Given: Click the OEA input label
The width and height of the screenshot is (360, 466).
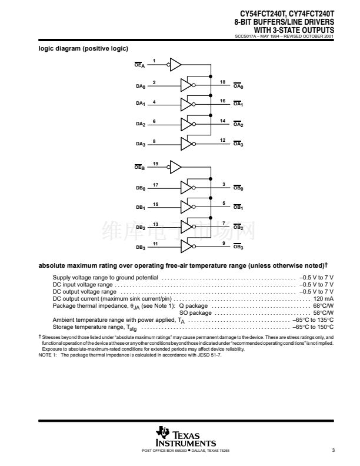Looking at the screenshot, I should point(140,65).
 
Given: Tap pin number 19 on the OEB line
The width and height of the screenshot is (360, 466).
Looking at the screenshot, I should point(155,163).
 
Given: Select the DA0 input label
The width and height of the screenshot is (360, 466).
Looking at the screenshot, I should point(140,86).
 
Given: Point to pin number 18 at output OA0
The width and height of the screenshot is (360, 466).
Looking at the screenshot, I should point(222,82).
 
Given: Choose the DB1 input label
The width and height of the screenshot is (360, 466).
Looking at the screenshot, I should point(140,208).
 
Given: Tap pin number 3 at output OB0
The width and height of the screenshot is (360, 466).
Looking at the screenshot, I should point(224,184).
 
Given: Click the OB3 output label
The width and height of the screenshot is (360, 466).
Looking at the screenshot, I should point(238,248).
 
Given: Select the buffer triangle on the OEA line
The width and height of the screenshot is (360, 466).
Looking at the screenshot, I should point(176,65).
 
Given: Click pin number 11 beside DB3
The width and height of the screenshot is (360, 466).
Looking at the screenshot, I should point(155,244).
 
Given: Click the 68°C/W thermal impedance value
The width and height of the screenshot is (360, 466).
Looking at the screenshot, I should point(323,306).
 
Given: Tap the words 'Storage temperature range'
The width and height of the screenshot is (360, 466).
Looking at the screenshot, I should point(88,327).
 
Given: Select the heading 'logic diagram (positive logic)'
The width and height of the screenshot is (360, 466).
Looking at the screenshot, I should point(83,48).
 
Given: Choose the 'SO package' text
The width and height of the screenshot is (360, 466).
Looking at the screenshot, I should point(195,313).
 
